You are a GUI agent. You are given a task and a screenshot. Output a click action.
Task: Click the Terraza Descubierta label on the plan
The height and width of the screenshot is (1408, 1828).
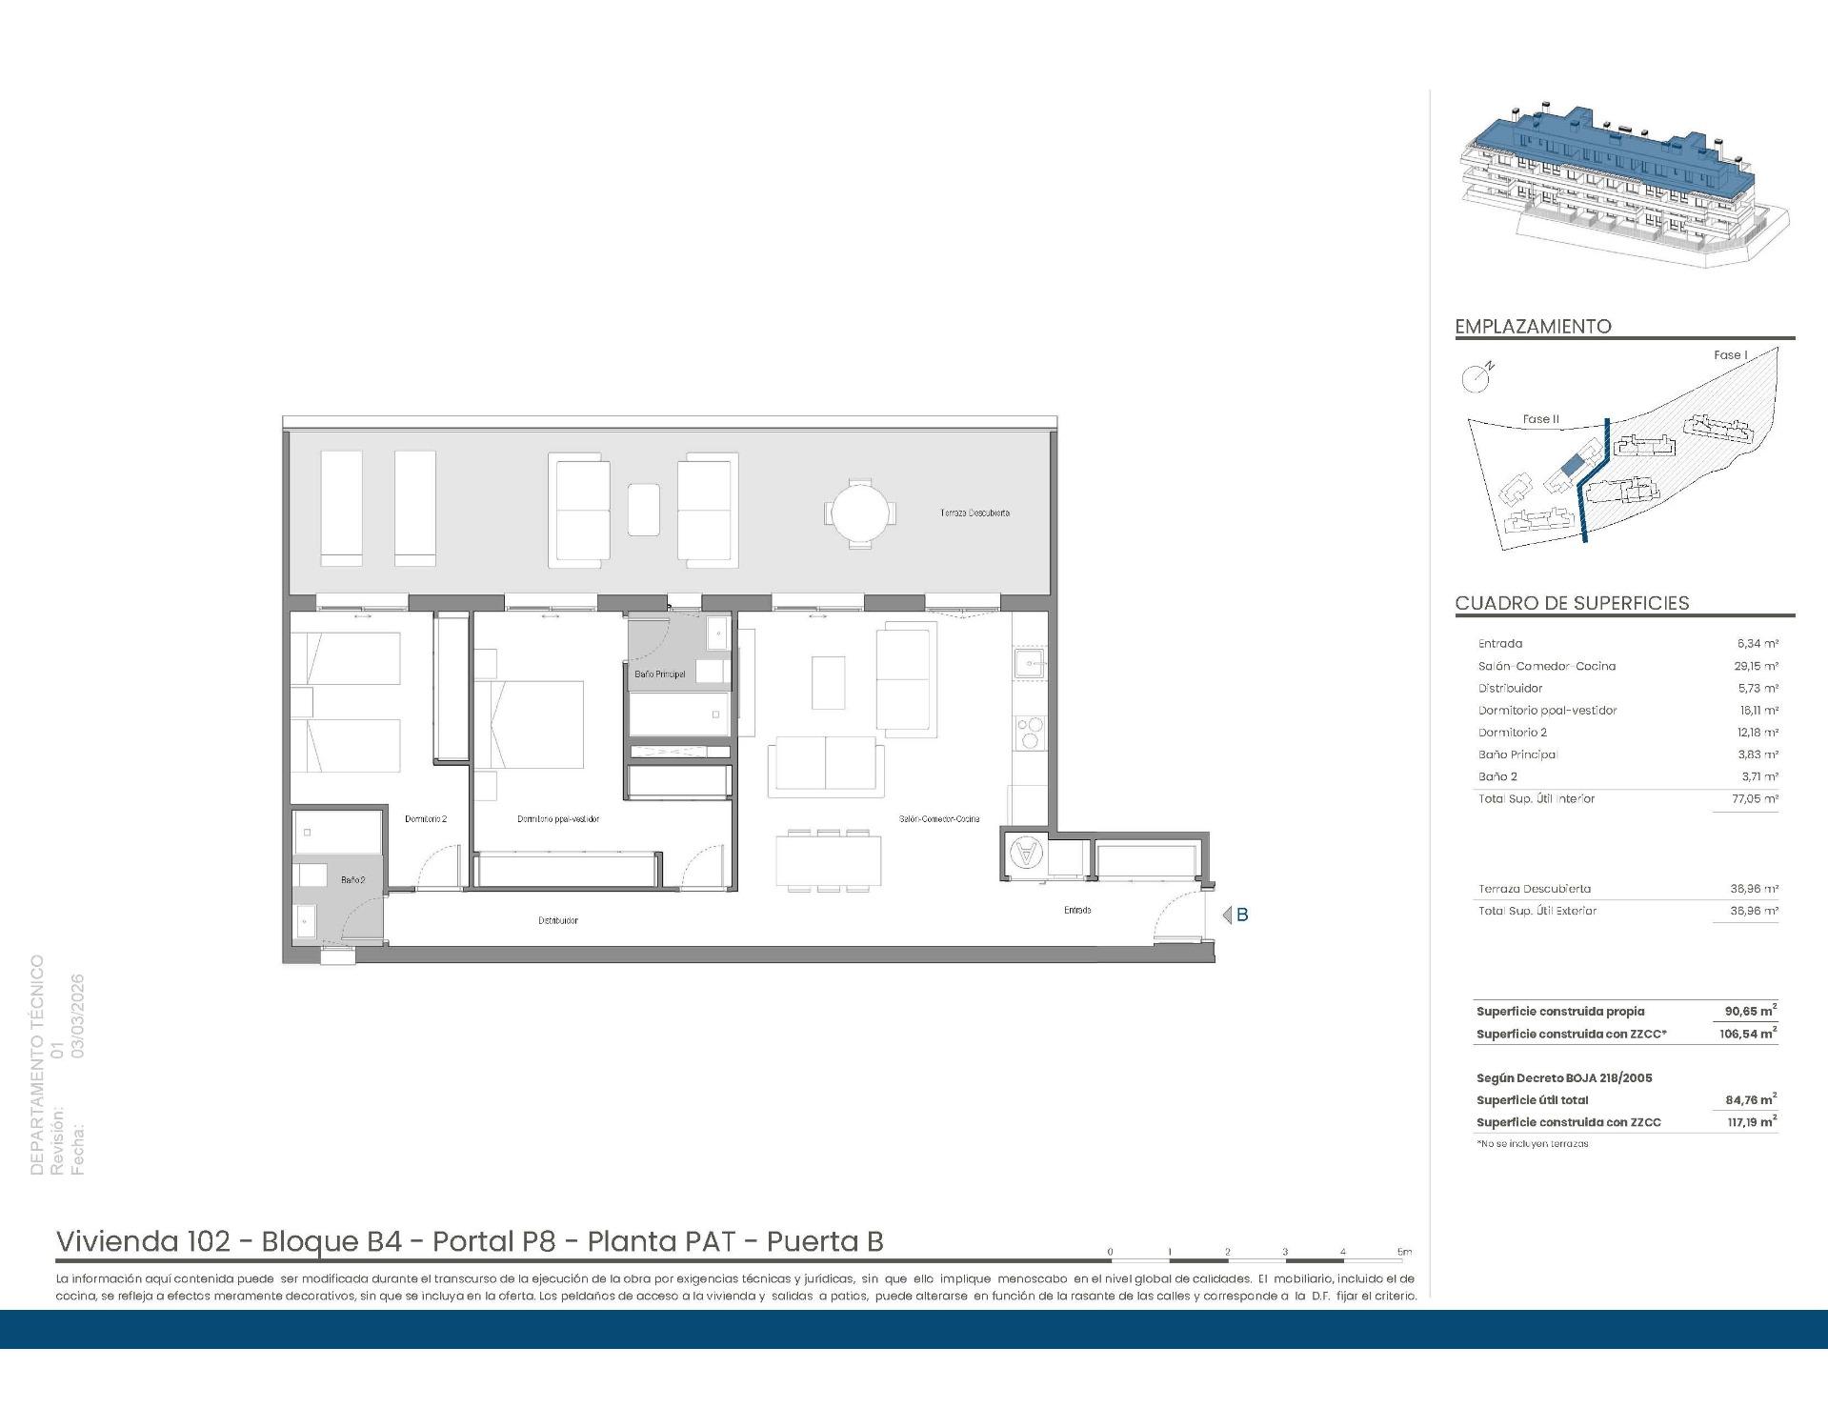coord(974,513)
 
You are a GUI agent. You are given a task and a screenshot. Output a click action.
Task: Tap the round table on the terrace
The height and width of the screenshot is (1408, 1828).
coord(860,513)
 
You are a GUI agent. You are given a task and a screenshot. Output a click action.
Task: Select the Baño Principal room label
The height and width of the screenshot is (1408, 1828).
coord(659,674)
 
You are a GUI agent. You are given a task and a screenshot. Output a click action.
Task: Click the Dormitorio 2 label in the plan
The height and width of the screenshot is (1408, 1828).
coord(425,818)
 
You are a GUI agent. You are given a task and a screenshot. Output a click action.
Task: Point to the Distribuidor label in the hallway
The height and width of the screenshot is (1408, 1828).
coord(557,920)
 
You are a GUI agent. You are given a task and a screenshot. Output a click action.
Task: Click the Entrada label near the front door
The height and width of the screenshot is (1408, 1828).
coord(1077,910)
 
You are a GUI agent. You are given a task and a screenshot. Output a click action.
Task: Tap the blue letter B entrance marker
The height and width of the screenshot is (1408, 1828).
coord(1241,915)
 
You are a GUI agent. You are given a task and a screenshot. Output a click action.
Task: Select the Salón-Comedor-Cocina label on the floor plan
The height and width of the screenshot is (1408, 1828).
coord(938,818)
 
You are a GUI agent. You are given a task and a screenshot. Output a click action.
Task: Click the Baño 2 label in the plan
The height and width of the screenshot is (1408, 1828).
coord(352,880)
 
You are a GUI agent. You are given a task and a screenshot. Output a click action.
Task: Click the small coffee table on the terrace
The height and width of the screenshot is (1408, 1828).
coord(643,510)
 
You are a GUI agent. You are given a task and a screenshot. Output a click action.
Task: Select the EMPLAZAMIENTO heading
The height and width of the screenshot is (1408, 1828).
coord(1533,327)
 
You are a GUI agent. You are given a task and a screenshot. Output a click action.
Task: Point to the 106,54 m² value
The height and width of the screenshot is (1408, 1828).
coord(1748,1034)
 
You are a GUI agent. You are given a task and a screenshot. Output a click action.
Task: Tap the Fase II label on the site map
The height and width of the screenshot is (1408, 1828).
coord(1540,419)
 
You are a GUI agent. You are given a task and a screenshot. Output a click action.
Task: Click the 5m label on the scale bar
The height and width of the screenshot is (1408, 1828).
coord(1403,1252)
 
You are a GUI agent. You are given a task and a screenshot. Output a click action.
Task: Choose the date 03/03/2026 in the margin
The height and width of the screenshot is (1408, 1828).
coord(78,1016)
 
